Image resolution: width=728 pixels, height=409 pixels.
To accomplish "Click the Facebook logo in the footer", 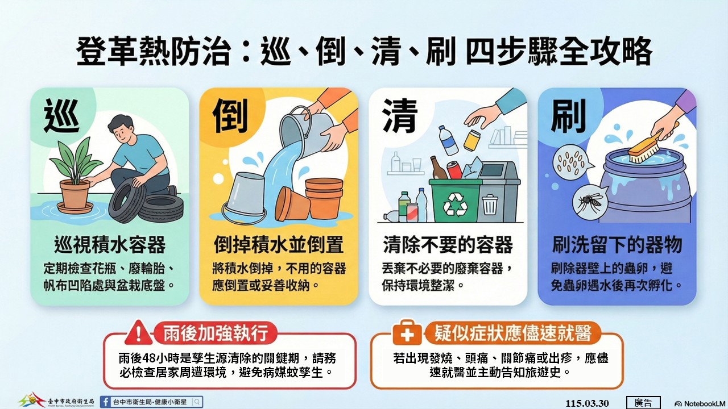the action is point(105,402).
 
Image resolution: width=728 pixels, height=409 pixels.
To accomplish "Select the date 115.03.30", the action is point(587,403).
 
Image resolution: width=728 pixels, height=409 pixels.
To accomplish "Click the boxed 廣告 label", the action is point(643,403).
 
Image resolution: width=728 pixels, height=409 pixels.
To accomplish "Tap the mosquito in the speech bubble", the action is point(588,202).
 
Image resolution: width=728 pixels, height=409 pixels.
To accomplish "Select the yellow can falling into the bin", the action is point(472,140).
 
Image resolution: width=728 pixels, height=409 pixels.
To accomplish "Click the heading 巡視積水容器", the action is point(110,245).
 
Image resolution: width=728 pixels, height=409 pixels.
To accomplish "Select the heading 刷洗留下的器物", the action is point(617,245).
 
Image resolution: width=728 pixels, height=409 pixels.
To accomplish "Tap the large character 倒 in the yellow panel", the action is point(230,116).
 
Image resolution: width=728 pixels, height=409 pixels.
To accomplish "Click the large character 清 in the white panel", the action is point(400,116).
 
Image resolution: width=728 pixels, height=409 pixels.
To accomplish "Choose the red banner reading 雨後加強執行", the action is point(215,333).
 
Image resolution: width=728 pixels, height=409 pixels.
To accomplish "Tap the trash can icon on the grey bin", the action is point(490,204).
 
